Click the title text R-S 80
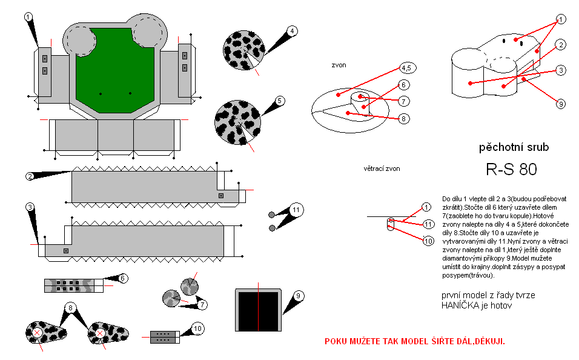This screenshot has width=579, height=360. click(x=511, y=170)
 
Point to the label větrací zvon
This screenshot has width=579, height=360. click(x=382, y=168)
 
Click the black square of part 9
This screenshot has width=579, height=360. click(x=259, y=310)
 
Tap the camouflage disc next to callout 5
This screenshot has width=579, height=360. click(x=237, y=122)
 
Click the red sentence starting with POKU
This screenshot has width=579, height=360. click(x=415, y=341)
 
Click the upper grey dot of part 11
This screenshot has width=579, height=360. click(x=271, y=214)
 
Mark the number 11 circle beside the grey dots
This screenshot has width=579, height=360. click(x=295, y=210)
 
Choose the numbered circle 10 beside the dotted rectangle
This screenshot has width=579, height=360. click(x=197, y=328)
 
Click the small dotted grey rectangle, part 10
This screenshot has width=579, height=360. click(x=165, y=337)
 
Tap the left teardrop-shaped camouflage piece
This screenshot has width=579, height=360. click(x=44, y=332)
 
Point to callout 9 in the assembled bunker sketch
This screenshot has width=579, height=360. click(x=561, y=104)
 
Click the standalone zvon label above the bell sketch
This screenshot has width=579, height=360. click(x=339, y=65)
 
